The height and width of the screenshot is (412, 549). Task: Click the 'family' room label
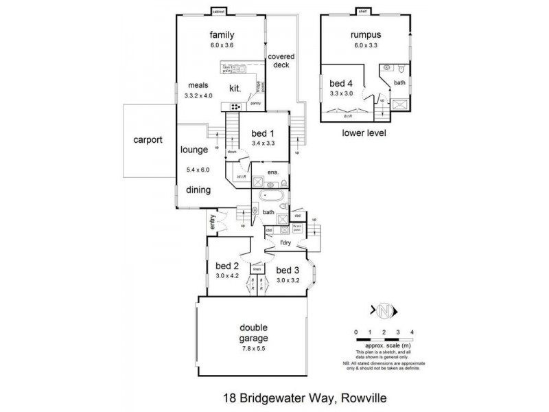click(222, 36)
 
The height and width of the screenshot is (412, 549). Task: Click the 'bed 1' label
click(263, 133)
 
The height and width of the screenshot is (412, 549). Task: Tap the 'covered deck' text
click(279, 61)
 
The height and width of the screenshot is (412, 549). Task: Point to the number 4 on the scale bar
click(412, 332)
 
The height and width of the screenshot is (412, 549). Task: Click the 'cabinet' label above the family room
click(219, 12)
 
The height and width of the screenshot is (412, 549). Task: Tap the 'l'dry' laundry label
click(287, 243)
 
